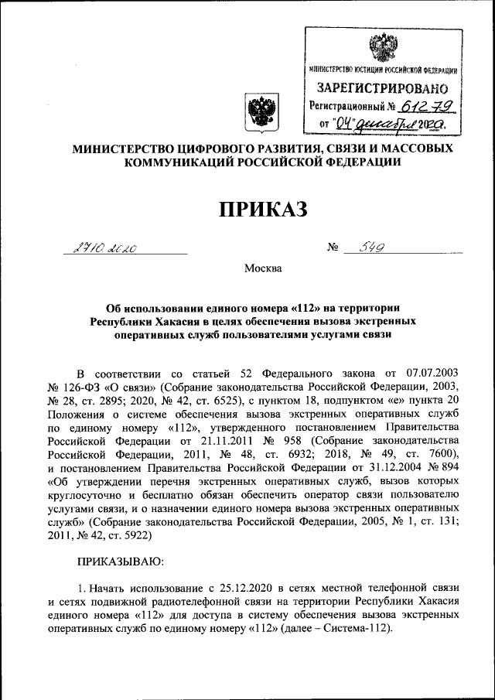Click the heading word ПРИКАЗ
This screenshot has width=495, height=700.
[x=264, y=208]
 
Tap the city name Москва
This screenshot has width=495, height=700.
[x=263, y=269]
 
